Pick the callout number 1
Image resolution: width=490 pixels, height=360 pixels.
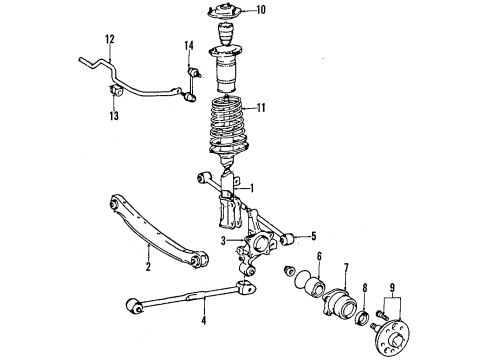click(x=252, y=188)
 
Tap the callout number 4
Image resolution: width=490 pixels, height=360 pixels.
click(x=204, y=321)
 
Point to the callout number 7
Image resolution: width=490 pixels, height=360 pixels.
click(x=346, y=267)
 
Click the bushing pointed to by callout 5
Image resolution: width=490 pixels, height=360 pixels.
click(x=287, y=239)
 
